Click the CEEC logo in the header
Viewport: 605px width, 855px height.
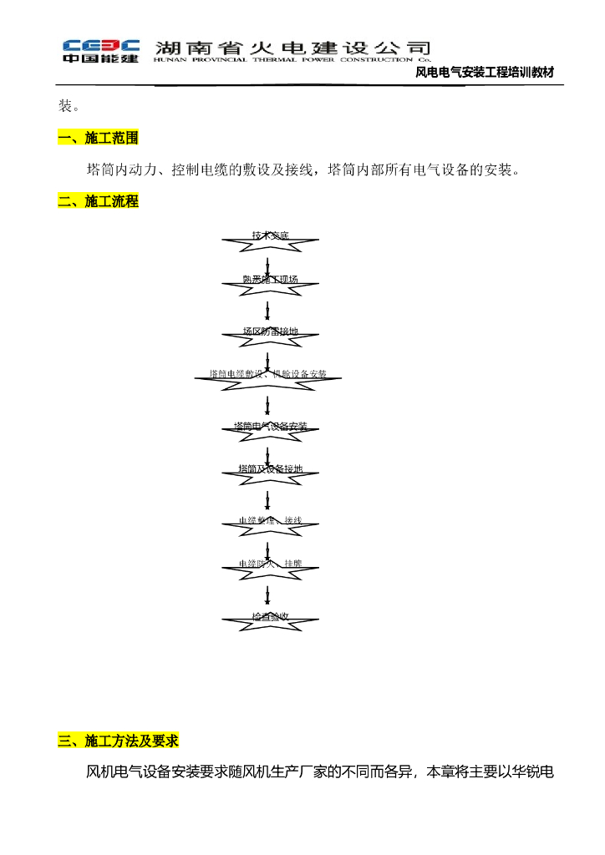point(100,50)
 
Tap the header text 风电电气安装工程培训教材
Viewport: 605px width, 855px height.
point(485,73)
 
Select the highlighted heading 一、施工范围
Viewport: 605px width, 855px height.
point(98,138)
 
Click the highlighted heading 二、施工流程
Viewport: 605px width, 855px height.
point(98,201)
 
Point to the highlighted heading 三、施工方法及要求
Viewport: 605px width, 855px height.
point(118,741)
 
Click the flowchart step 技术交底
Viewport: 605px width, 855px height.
point(269,237)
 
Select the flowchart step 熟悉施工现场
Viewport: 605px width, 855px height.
point(269,280)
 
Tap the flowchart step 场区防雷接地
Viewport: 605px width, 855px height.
point(269,331)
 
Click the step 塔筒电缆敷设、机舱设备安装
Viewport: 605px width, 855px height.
point(268,374)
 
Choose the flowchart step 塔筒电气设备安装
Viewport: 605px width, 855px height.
point(269,427)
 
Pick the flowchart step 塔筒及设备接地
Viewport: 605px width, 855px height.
point(269,469)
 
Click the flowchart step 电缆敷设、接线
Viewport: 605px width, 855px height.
point(269,521)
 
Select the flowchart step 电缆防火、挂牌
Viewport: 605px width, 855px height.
point(269,564)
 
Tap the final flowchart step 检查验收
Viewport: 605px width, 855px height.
point(269,617)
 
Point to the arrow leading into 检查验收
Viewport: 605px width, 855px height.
point(267,595)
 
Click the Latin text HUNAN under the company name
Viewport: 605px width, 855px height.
point(171,60)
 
